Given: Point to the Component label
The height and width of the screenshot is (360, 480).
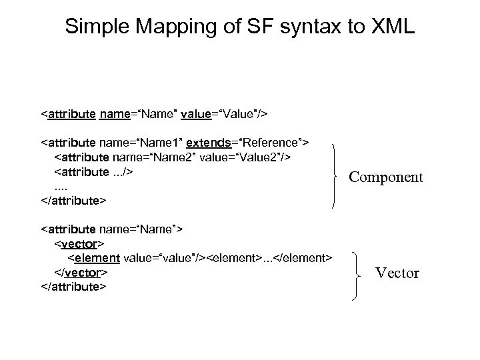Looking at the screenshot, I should [x=386, y=177].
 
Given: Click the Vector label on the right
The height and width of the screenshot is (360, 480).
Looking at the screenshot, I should [x=397, y=273].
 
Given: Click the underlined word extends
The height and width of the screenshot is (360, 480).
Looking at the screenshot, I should [x=209, y=143].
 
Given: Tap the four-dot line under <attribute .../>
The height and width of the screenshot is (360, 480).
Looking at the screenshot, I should [x=61, y=186].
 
